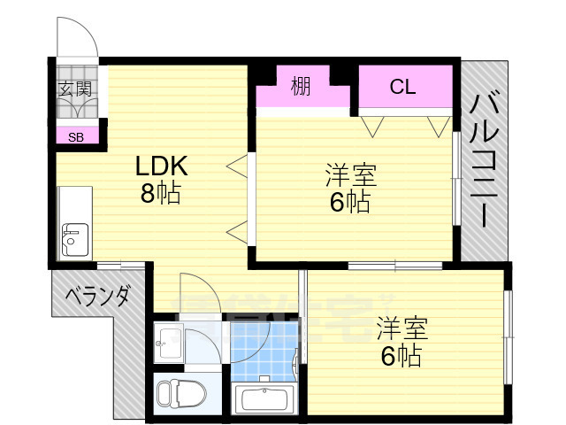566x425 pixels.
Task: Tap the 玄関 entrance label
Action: pyautogui.click(x=75, y=89)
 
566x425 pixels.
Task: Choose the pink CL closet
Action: pyautogui.click(x=402, y=88)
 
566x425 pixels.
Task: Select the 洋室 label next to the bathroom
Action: pyautogui.click(x=402, y=328)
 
